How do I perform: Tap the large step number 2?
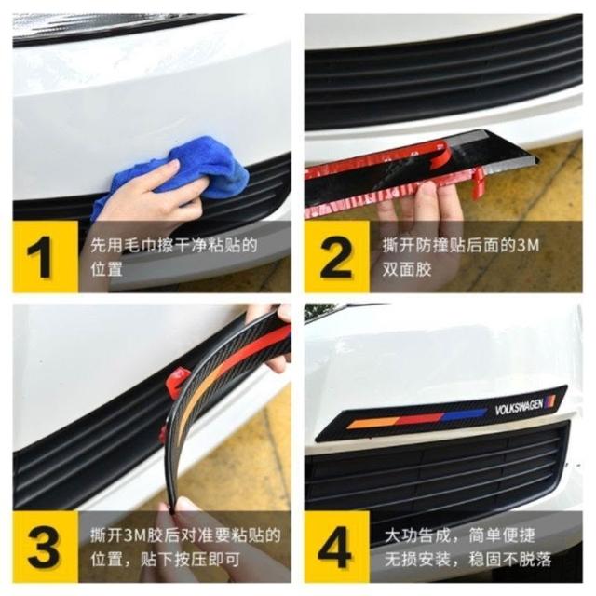point(335,257)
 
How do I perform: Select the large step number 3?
point(44,547)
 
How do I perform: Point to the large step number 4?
point(334,547)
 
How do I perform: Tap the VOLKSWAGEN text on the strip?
point(519,407)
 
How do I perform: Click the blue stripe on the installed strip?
point(465,415)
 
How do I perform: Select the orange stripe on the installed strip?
point(372,423)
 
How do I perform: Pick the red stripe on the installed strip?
point(419,418)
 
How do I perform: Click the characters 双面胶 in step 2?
point(407,269)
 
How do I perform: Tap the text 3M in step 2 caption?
point(529,245)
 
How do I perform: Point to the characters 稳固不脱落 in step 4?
point(510,559)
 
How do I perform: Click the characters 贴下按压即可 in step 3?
point(190,559)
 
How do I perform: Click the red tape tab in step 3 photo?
point(177,383)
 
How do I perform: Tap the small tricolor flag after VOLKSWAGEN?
point(550,400)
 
